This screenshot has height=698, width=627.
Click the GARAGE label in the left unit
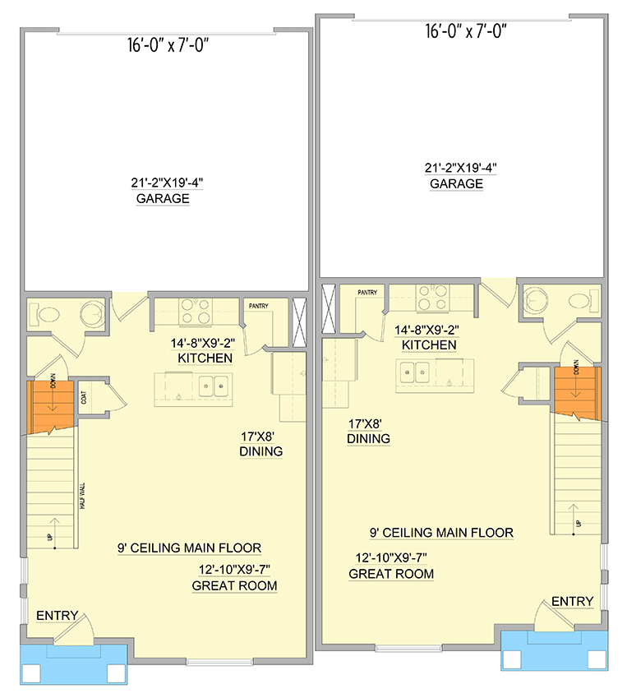coord(163,199)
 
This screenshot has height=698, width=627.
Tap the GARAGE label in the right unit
coord(456,184)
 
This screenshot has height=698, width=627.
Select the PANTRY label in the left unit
coord(260,306)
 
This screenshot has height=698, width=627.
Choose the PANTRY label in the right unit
coord(367,292)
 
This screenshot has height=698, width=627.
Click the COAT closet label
coord(84,398)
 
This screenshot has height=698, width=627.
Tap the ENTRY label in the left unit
coord(57,615)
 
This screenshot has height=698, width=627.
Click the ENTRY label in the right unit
coord(572,602)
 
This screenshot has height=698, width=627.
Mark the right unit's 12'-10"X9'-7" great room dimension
coord(391,557)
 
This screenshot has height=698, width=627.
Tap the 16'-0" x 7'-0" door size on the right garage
coord(464,32)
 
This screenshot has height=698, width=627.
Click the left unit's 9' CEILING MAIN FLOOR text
coord(188,548)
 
